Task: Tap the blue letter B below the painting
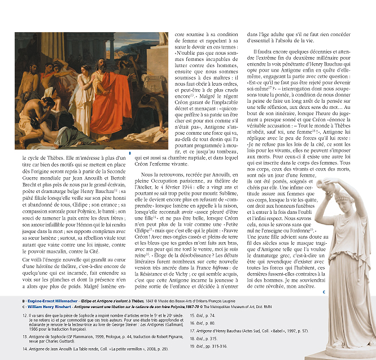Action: point(130,153)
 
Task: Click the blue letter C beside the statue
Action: point(323,292)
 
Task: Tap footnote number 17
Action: point(193,330)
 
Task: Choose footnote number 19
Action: point(193,345)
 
